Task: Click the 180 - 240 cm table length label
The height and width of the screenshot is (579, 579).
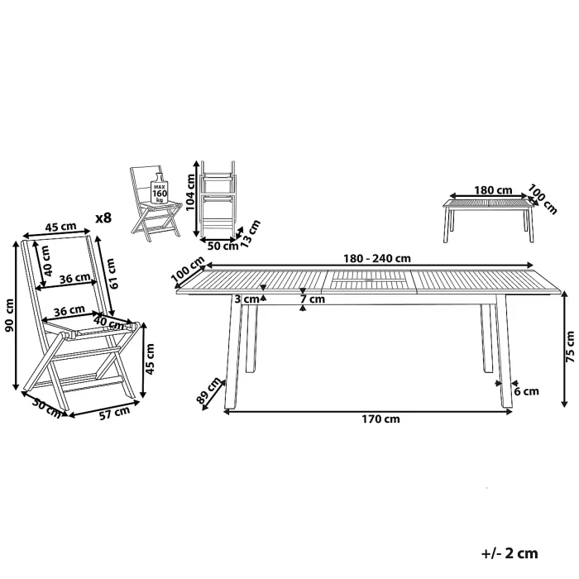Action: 377,258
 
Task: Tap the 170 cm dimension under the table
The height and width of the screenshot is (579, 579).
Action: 380,419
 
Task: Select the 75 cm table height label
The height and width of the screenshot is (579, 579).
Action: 570,346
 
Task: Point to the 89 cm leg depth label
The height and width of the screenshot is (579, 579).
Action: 208,390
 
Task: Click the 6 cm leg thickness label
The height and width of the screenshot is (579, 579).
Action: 527,391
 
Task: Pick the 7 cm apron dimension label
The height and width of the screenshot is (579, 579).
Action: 313,299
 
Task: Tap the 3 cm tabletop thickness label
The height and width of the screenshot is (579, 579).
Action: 246,299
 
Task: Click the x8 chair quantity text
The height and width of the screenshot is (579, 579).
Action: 103,218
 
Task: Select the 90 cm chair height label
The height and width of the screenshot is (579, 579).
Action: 9,315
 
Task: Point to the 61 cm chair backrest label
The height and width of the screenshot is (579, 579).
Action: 110,274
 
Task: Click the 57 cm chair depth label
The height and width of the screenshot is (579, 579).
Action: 115,413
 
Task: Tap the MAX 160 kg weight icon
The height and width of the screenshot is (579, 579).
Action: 160,189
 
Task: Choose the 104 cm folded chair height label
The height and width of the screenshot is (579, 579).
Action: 189,192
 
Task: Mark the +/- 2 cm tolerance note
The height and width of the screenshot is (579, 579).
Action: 510,553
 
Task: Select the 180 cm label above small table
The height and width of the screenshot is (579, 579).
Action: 493,190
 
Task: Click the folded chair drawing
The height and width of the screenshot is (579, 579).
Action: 218,199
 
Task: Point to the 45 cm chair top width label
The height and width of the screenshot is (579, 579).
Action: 60,226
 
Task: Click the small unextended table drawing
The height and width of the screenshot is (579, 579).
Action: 490,221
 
